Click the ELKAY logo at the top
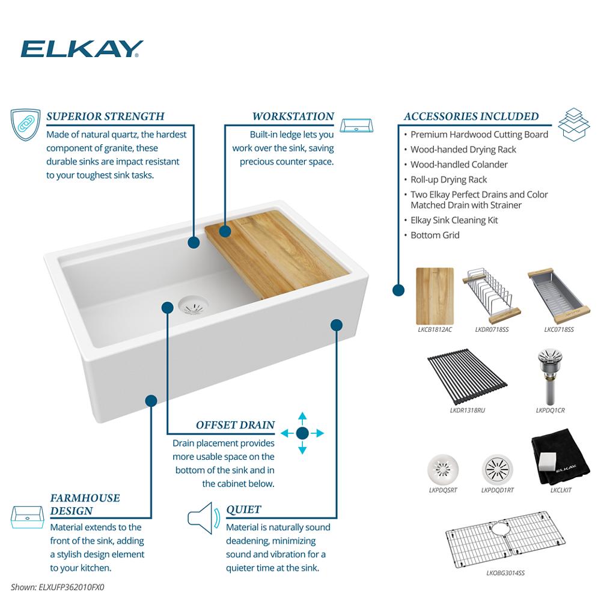pyautogui.click(x=82, y=49)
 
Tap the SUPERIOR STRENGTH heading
pyautogui.click(x=105, y=116)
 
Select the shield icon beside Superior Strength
pyautogui.click(x=25, y=124)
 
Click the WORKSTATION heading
pyautogui.click(x=293, y=116)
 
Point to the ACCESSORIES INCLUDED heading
pyautogui.click(x=471, y=116)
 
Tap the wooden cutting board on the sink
pyautogui.click(x=277, y=254)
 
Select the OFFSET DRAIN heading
pyautogui.click(x=236, y=425)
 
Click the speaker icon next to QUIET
pyautogui.click(x=204, y=518)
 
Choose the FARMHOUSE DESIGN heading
pyautogui.click(x=85, y=504)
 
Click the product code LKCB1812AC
pyautogui.click(x=435, y=329)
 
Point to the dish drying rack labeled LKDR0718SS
pyautogui.click(x=492, y=296)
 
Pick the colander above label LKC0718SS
pyautogui.click(x=558, y=296)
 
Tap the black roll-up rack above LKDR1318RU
pyautogui.click(x=467, y=376)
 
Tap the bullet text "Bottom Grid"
pyautogui.click(x=435, y=235)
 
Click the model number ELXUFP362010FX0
pyautogui.click(x=72, y=587)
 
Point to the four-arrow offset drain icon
pyautogui.click(x=302, y=433)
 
